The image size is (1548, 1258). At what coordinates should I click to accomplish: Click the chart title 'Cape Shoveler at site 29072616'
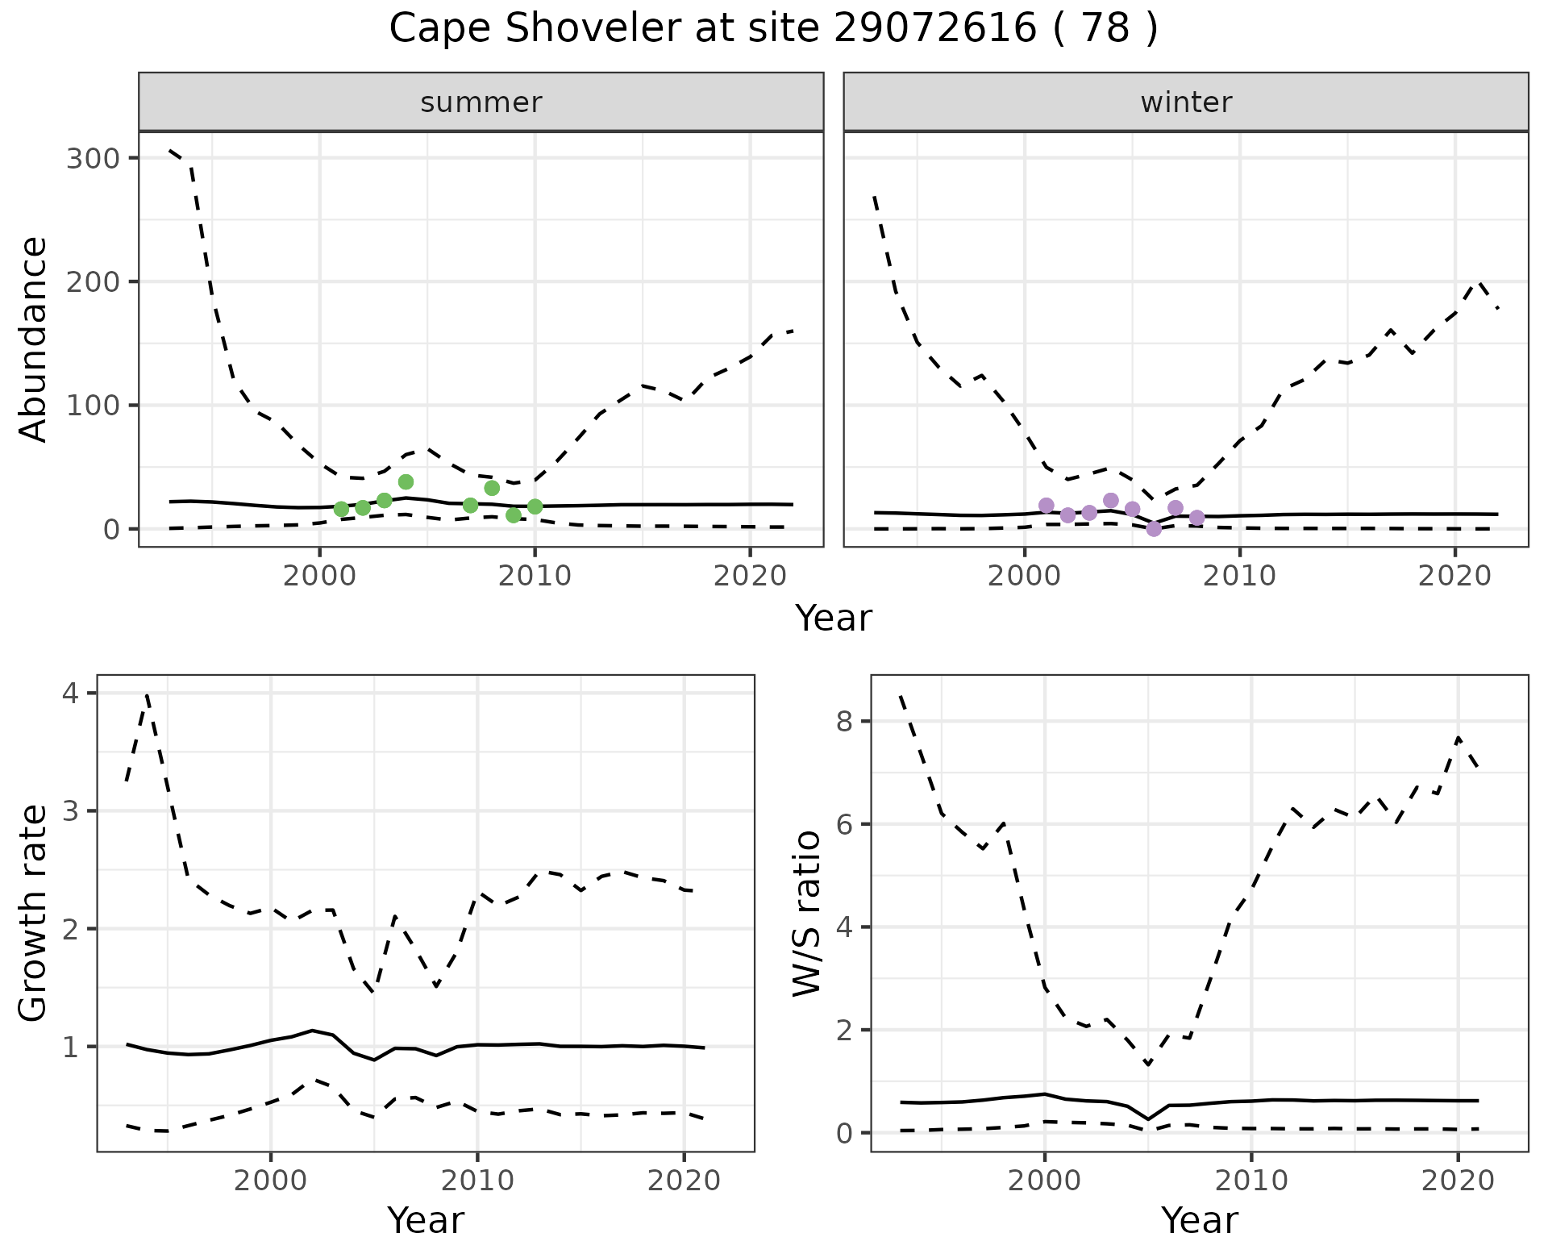tap(772, 29)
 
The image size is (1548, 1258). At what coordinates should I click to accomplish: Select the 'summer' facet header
tap(481, 102)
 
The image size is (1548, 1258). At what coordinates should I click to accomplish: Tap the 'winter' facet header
tap(1186, 102)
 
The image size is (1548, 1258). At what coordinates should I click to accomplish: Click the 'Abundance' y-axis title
tap(34, 339)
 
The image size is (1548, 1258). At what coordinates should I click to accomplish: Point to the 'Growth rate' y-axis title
tap(34, 913)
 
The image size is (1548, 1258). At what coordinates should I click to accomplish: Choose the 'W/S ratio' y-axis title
tap(807, 913)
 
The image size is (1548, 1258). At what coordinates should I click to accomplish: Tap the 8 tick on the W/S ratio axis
tap(845, 721)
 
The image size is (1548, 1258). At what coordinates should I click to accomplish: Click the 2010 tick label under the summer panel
tap(535, 576)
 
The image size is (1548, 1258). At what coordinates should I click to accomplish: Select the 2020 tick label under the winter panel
tap(1455, 576)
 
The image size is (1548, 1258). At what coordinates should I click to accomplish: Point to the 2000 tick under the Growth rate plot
tap(271, 1181)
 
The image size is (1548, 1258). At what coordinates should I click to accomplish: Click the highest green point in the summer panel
tap(406, 481)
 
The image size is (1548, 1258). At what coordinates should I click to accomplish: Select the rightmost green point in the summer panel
tap(535, 506)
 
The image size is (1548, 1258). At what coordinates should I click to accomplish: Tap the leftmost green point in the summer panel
tap(341, 509)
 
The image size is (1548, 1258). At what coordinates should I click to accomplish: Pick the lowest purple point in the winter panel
tap(1154, 529)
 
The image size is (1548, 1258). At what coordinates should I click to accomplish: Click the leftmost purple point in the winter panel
tap(1047, 506)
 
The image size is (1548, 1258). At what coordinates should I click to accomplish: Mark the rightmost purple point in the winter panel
tap(1196, 518)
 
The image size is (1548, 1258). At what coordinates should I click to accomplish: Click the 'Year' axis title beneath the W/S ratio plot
tap(1200, 1221)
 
